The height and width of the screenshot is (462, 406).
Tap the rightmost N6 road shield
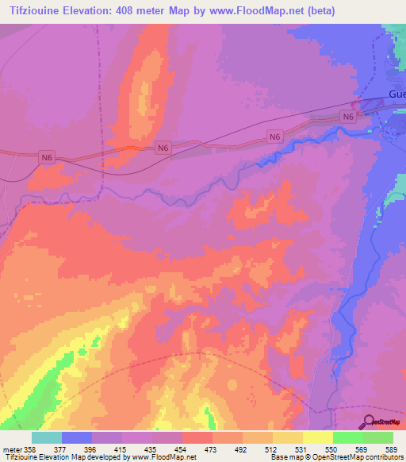[x=348, y=117]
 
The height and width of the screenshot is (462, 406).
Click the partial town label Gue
[x=396, y=94]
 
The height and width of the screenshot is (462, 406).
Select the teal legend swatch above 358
[x=47, y=437]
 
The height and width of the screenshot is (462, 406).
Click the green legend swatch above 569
[x=348, y=437]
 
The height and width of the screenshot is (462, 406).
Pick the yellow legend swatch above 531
[x=288, y=437]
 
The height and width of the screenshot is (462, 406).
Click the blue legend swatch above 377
[x=77, y=437]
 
